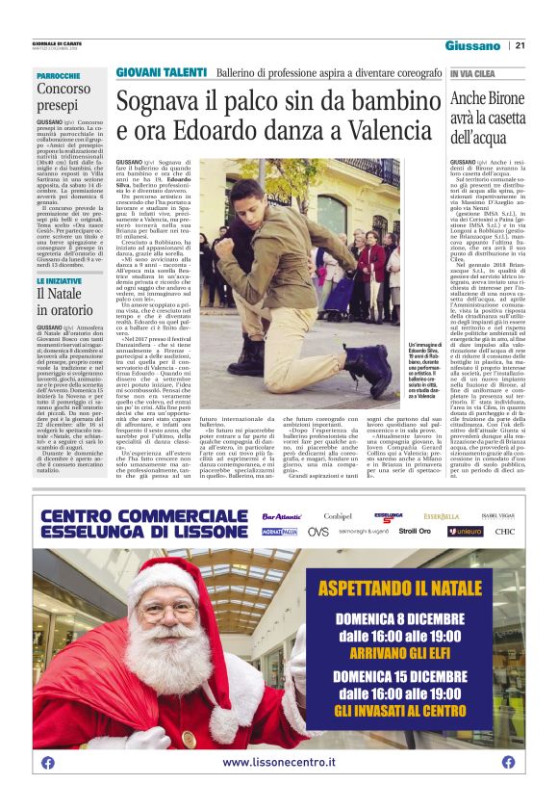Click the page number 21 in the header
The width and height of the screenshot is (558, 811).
coord(520,45)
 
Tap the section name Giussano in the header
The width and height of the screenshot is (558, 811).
coord(472,45)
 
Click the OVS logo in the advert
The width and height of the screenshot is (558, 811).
coord(317,532)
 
